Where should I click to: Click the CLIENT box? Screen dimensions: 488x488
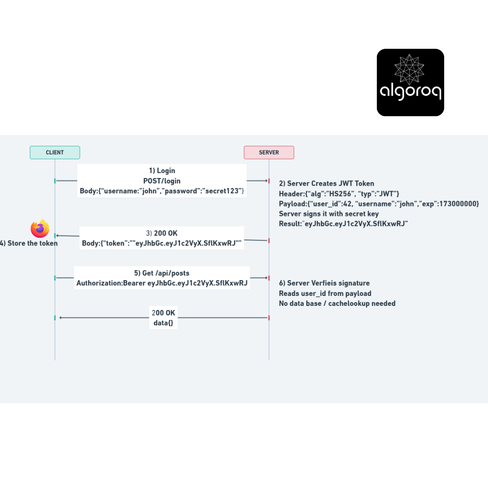click(x=55, y=153)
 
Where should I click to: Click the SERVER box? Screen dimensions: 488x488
click(x=269, y=153)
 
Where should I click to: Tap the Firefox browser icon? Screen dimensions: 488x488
click(x=40, y=229)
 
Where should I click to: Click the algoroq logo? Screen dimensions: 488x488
click(x=410, y=83)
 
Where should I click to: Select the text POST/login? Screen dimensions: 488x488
click(x=162, y=181)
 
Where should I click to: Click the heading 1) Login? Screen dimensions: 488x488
click(x=162, y=170)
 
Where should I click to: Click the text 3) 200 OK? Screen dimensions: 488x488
click(x=162, y=233)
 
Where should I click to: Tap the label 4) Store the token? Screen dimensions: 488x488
click(x=29, y=243)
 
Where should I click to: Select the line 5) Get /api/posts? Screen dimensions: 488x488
click(x=162, y=273)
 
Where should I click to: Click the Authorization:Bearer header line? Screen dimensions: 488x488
click(x=162, y=283)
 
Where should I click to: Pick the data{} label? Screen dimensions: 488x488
click(x=164, y=323)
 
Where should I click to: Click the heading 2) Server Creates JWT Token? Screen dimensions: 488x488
click(x=327, y=183)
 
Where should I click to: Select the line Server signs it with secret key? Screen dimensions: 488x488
click(x=328, y=214)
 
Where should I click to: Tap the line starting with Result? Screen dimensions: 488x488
click(x=343, y=224)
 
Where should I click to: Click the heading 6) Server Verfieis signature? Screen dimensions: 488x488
click(x=324, y=283)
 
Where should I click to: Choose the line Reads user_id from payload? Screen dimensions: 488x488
click(x=325, y=293)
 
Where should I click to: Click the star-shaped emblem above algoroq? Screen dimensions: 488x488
click(x=409, y=70)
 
